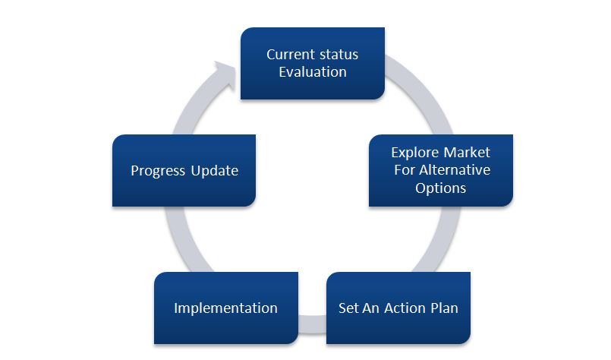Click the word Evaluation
[312, 72]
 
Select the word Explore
[414, 153]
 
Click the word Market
[468, 153]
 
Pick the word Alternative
[453, 169]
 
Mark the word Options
[440, 187]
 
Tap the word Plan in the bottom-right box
[443, 308]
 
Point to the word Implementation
[225, 308]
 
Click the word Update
[215, 171]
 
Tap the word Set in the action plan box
[348, 308]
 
